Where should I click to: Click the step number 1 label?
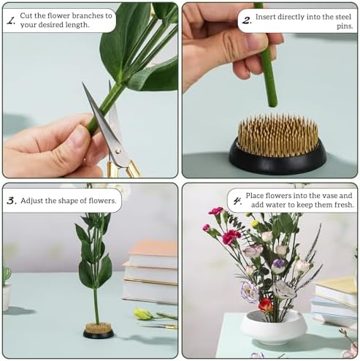11,21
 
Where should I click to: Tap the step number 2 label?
247,21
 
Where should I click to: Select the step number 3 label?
12,201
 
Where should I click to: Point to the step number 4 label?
237,202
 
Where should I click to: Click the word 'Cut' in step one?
26,15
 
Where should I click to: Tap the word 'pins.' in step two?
345,26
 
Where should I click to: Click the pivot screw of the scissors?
118,151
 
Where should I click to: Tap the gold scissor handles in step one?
123,169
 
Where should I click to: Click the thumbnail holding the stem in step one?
79,137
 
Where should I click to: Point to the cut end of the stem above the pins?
272,104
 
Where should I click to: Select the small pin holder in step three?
99,330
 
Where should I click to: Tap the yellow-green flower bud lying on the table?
143,313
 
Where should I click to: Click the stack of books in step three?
150,271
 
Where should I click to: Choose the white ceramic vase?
273,327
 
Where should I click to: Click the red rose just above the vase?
266,305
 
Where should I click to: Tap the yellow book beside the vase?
337,286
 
